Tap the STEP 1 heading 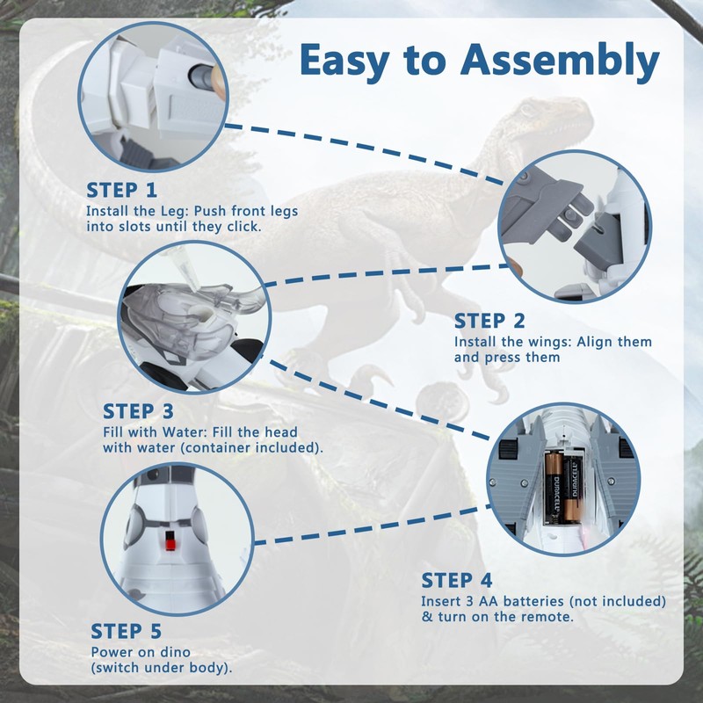(x=121, y=190)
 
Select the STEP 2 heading (x=489, y=321)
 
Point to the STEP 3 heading (x=138, y=411)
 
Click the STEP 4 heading (x=457, y=580)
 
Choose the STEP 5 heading (x=126, y=631)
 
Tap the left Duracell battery (x=554, y=488)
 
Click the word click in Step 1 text (x=243, y=227)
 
